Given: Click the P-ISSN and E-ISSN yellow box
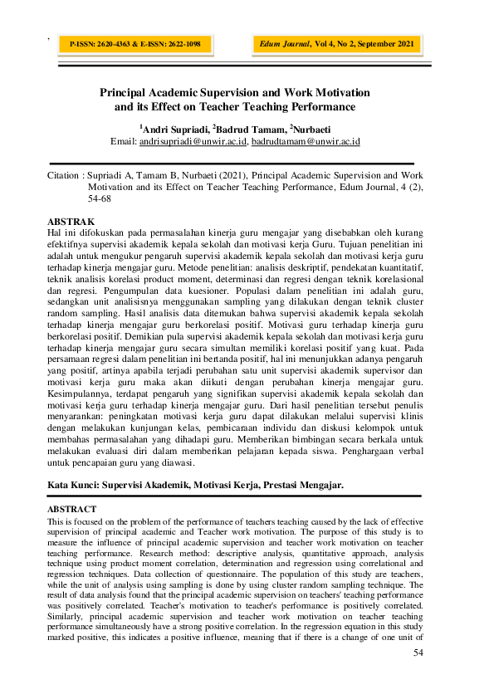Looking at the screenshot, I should tap(135, 44).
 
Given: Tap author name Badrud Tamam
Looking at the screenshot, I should tap(249, 130).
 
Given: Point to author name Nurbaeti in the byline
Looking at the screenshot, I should tap(312, 130).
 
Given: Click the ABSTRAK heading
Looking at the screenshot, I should tap(71, 222).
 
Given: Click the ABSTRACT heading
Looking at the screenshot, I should tap(72, 508).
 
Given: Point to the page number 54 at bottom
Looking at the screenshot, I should tap(418, 653).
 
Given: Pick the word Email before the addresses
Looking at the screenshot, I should tap(123, 142).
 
